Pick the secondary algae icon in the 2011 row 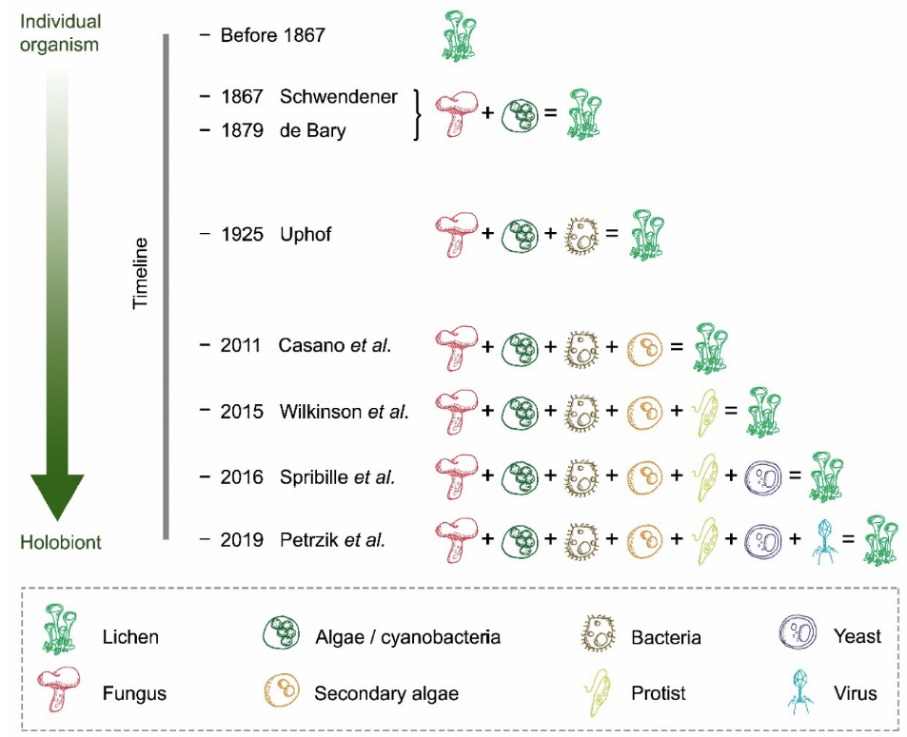pyautogui.click(x=644, y=347)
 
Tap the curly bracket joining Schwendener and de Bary pyautogui.click(x=417, y=114)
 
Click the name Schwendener pyautogui.click(x=339, y=97)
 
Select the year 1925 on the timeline pyautogui.click(x=242, y=234)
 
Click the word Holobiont pyautogui.click(x=61, y=543)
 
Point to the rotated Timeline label pyautogui.click(x=141, y=274)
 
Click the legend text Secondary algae pyautogui.click(x=386, y=693)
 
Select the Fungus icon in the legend pyautogui.click(x=60, y=689)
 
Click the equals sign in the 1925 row pyautogui.click(x=612, y=234)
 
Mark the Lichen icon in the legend pyautogui.click(x=60, y=634)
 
